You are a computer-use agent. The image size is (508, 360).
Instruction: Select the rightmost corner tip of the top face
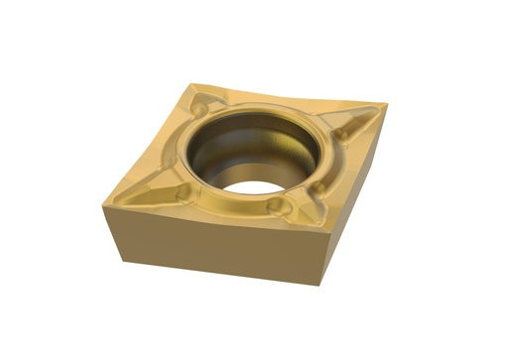(x=385, y=104)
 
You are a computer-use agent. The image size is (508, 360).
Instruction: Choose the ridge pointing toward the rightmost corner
(x=357, y=120)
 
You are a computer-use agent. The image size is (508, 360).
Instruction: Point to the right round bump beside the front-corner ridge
(x=322, y=189)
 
